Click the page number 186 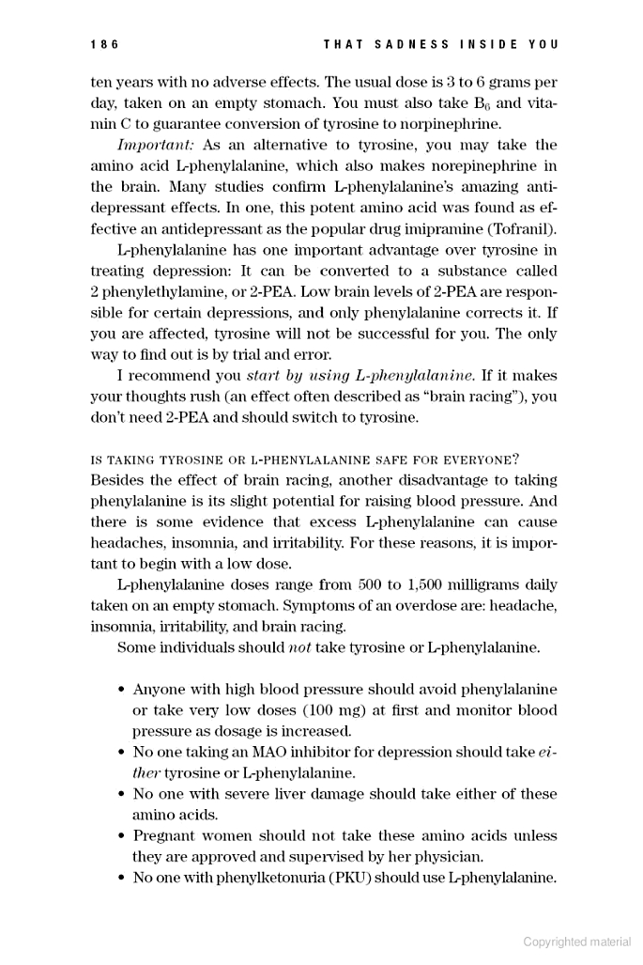(104, 44)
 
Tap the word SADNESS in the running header (407, 44)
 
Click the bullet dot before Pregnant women (122, 836)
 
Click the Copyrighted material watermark (577, 942)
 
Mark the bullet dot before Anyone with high (122, 690)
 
